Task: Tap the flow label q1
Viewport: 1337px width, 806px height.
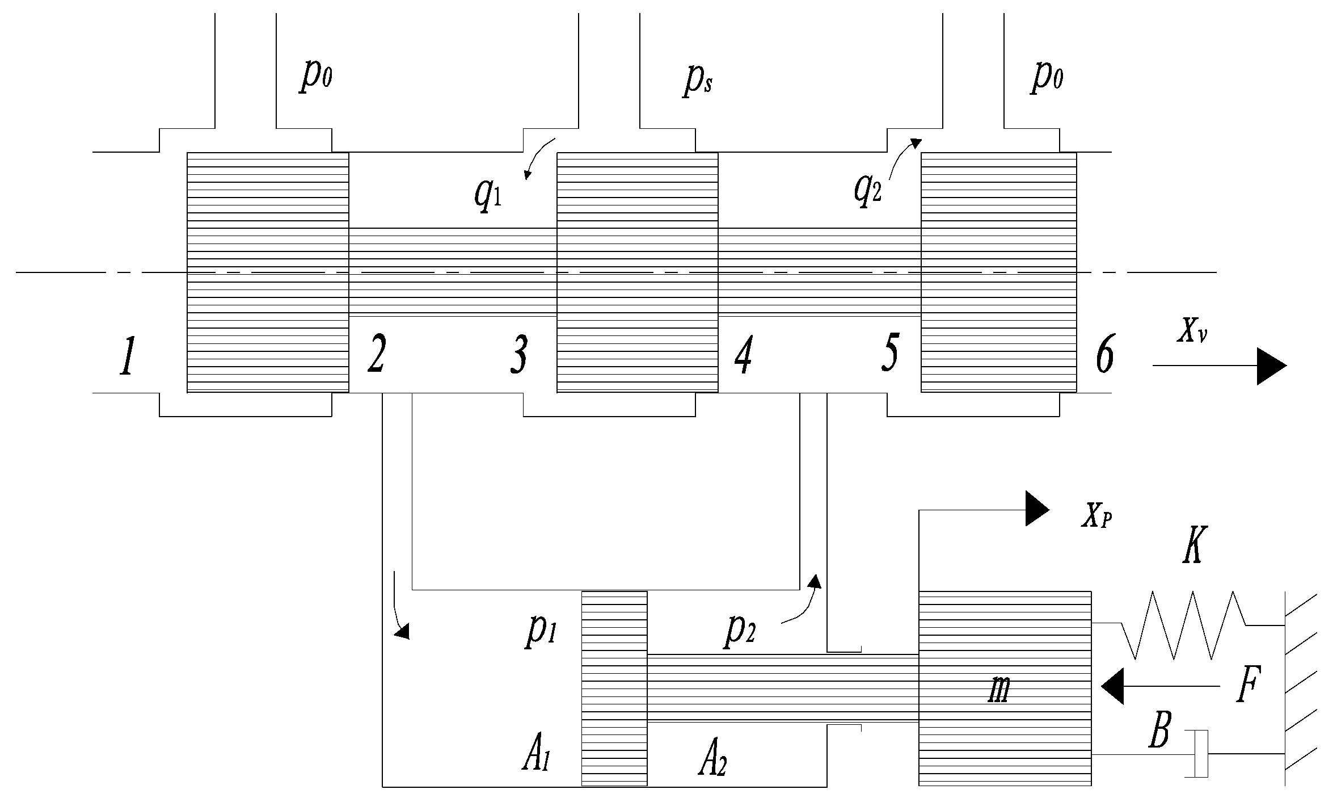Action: point(488,196)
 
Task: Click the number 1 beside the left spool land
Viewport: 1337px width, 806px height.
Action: point(127,356)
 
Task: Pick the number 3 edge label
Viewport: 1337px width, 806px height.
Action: point(518,355)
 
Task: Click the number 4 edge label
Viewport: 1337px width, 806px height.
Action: point(743,356)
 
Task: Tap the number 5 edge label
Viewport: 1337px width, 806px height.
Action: point(890,353)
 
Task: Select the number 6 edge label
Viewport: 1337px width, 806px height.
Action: point(1104,356)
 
